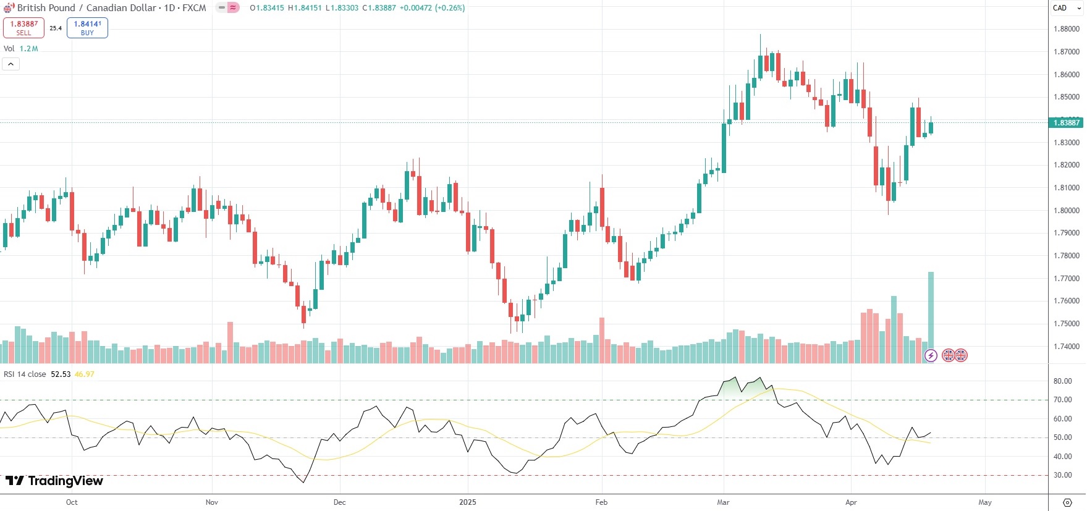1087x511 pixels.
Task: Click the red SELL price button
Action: (x=23, y=28)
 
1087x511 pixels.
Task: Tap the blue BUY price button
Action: (x=87, y=28)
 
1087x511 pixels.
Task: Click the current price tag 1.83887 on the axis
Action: (x=1066, y=122)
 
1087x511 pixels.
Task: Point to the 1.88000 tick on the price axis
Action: (x=1066, y=29)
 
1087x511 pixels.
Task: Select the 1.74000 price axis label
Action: (x=1066, y=347)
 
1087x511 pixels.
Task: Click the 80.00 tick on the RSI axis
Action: (x=1062, y=381)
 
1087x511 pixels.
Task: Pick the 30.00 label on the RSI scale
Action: (x=1062, y=475)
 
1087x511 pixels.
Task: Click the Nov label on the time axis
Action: (x=212, y=502)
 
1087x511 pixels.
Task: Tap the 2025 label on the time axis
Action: (x=468, y=502)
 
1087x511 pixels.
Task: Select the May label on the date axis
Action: (x=985, y=502)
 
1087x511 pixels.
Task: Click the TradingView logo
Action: (x=54, y=481)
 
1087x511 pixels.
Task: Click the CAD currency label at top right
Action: (x=1060, y=8)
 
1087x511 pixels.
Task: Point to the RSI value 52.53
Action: (x=61, y=374)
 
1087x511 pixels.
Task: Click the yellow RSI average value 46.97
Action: (x=85, y=374)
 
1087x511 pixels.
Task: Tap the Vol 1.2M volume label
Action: (x=21, y=49)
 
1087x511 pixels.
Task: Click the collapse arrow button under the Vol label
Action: (x=11, y=64)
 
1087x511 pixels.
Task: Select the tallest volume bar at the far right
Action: (x=931, y=315)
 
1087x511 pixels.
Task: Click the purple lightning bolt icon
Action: (x=931, y=355)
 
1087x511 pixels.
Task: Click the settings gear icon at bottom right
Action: (x=1067, y=502)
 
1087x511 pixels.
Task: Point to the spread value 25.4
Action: (x=56, y=28)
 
